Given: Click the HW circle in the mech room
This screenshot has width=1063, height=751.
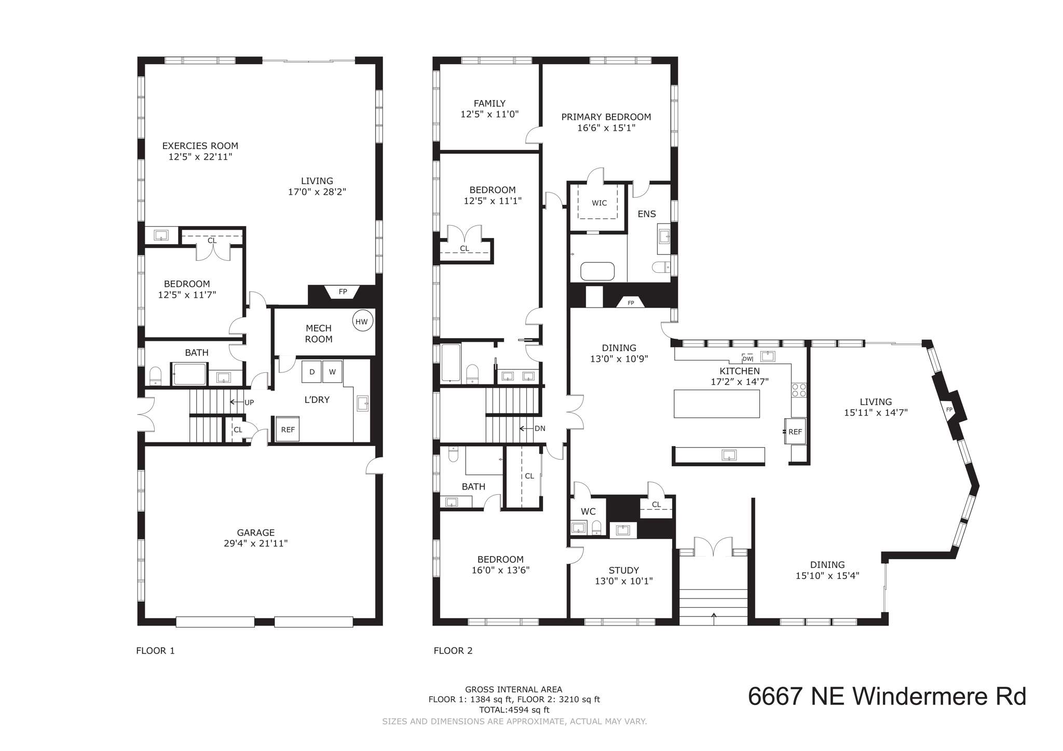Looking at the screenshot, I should coord(361,322).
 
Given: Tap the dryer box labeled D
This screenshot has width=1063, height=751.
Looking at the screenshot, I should coord(311,371).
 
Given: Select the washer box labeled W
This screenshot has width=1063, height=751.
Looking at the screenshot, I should coord(332,371).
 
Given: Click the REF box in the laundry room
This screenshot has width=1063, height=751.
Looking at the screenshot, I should coord(288,429).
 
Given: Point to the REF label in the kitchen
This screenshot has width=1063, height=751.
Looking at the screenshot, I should coord(795,432).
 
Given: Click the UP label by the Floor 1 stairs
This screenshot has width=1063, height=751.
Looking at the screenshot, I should coord(249,402).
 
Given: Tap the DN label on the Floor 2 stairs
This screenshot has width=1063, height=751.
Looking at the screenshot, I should coord(540,428).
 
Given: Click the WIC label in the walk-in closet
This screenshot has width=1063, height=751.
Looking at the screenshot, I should coord(599,203).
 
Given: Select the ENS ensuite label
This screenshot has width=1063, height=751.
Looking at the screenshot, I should coord(647,214).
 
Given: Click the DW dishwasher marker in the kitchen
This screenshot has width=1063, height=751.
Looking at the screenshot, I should coord(747,358).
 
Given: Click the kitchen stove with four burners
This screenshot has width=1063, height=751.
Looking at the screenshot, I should coord(798,390).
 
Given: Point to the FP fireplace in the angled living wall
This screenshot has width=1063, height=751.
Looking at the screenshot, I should coord(949,409).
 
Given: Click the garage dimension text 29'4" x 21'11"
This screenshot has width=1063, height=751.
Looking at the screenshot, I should coord(255,544).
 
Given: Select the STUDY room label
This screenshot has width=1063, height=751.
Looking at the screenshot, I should coord(623,570).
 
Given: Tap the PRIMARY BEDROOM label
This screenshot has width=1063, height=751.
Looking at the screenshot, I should coord(606,117).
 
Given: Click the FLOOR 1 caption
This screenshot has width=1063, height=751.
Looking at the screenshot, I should coord(155,650).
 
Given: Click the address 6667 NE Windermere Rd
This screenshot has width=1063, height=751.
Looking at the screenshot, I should coord(887,696).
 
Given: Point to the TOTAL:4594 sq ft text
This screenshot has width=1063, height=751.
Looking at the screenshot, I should coord(514,710).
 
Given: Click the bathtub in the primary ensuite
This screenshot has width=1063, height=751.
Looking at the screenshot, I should coord(597,271).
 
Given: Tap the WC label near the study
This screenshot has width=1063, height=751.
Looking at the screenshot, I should coord(588,511).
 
